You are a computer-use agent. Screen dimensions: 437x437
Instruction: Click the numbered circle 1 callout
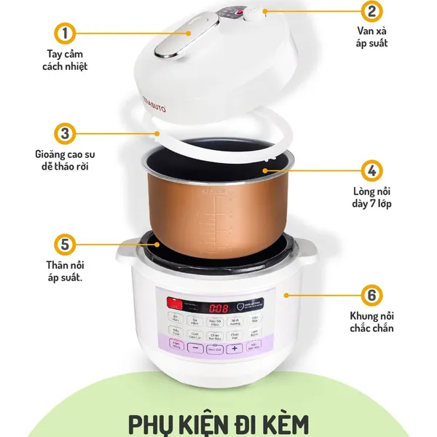coord(65,33)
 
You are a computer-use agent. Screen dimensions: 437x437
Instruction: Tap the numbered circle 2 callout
coord(371,12)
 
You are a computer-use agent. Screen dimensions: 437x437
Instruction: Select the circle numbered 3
coord(65,134)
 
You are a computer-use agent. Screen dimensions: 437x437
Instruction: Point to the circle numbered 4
coord(371,170)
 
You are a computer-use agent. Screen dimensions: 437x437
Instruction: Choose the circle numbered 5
coord(65,243)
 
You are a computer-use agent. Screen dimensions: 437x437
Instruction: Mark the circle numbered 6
coord(371,296)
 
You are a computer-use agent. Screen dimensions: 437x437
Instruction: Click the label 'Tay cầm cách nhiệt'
coord(65,60)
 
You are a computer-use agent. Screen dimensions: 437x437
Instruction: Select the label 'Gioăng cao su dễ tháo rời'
coord(65,160)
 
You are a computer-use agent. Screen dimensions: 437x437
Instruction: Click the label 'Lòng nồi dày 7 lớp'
coord(371,197)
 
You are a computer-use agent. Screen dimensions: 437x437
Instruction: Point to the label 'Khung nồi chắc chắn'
coord(371,322)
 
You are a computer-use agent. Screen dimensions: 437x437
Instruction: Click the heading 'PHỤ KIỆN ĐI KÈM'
coord(219,422)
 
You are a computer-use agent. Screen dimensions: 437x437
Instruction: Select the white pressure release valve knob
coord(256,12)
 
